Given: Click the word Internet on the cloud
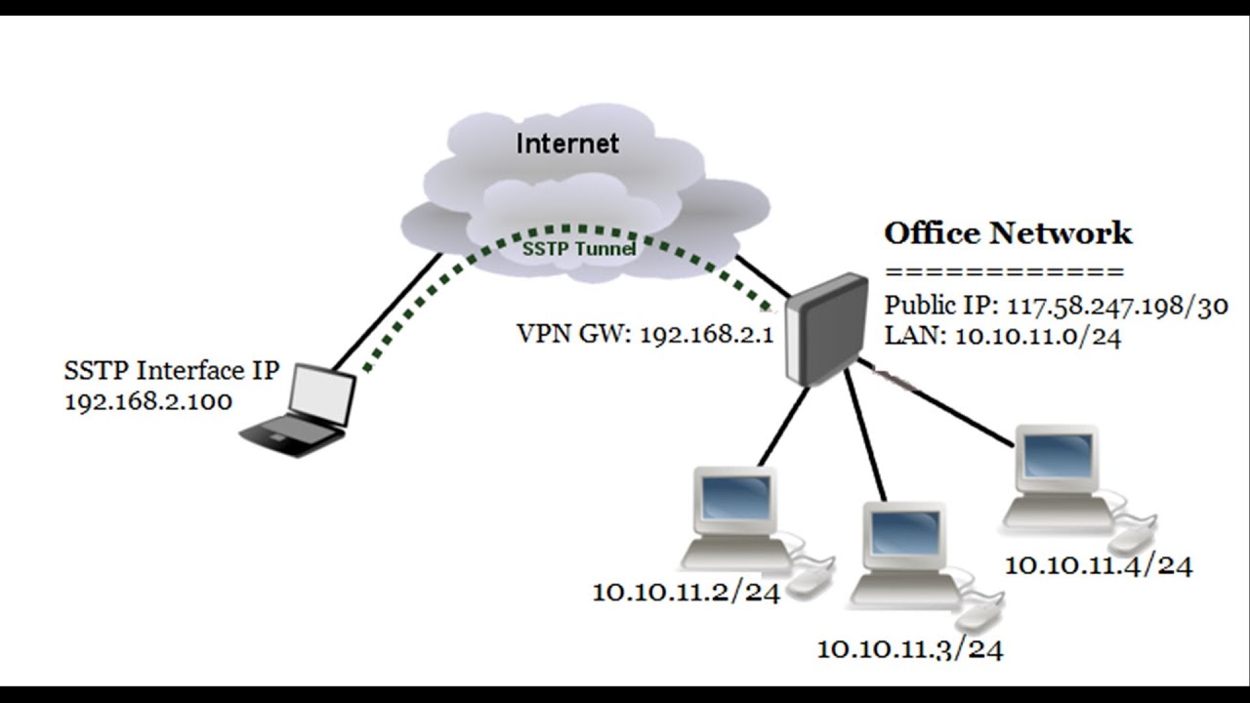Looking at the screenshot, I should [x=567, y=144].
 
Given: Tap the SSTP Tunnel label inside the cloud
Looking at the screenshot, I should [x=580, y=250].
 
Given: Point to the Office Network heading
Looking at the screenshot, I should [x=1008, y=233].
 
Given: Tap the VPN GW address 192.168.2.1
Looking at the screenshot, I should [x=704, y=335].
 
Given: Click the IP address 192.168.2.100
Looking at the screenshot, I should [x=148, y=401].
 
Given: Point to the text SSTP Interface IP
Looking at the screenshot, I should [x=172, y=371].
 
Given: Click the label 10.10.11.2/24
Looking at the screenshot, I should [x=687, y=592].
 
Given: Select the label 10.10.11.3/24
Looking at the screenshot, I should [x=910, y=647].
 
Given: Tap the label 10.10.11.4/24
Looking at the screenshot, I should [x=1099, y=564].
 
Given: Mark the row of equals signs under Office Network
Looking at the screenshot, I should [x=1005, y=272].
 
